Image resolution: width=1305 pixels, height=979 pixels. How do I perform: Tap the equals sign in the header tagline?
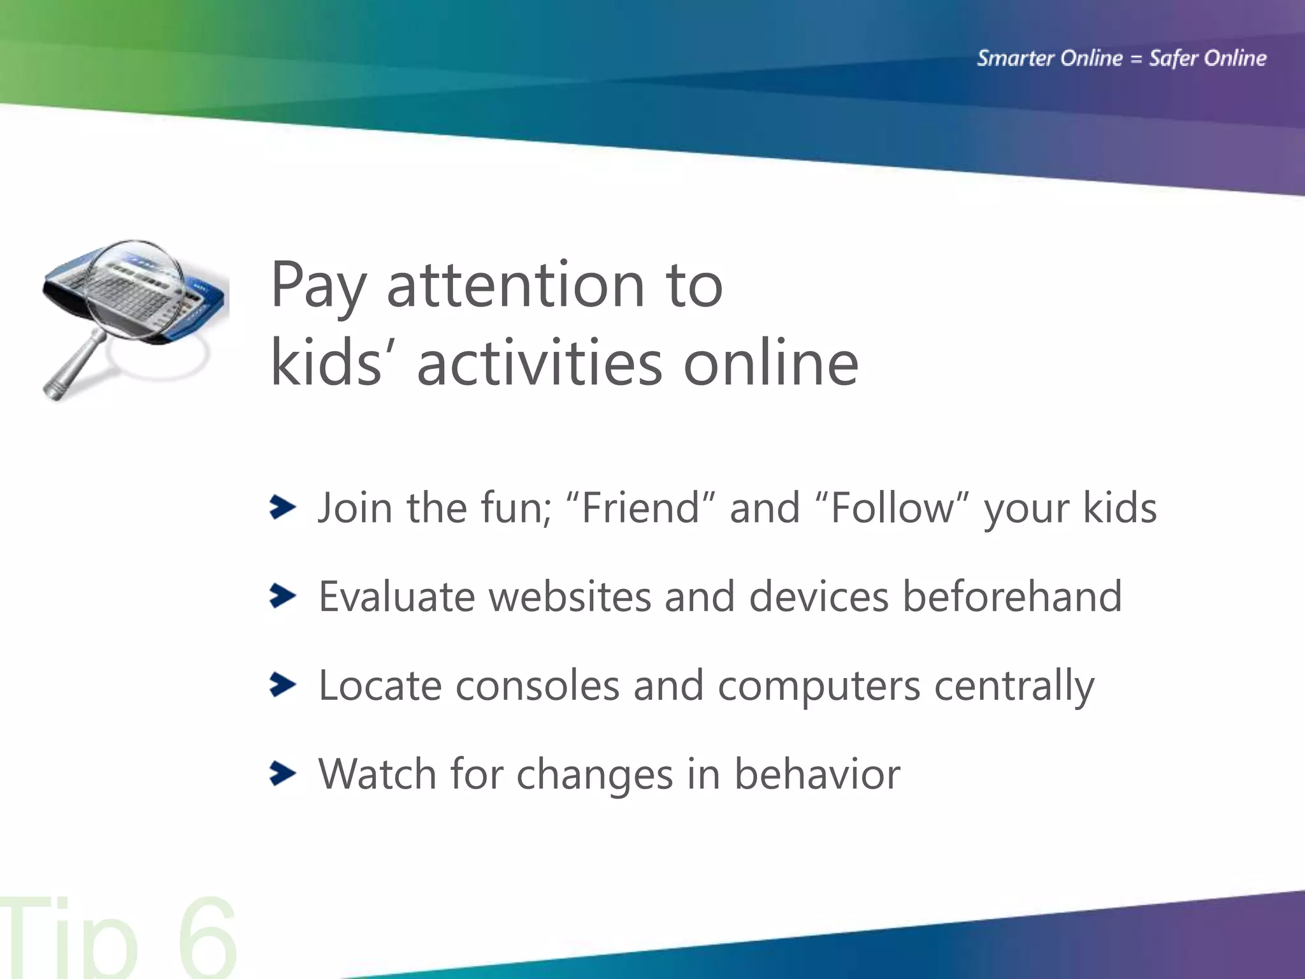click(x=1136, y=59)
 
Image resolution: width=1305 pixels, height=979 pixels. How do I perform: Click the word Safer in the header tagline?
click(x=1173, y=58)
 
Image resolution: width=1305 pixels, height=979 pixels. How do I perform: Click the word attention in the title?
click(x=515, y=284)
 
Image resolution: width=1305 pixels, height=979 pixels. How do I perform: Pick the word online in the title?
click(x=771, y=363)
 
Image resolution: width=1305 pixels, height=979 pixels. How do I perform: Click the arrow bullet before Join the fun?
click(x=282, y=507)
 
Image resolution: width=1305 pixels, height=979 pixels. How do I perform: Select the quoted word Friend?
click(x=640, y=508)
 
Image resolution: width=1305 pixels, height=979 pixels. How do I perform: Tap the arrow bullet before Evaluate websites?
click(x=282, y=596)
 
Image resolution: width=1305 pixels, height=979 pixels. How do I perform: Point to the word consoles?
click(x=537, y=686)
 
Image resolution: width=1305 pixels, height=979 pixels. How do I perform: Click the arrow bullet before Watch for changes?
click(x=282, y=773)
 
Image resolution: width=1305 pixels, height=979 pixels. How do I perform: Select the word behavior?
click(x=817, y=774)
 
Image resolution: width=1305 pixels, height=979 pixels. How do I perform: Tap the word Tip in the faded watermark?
click(x=70, y=940)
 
